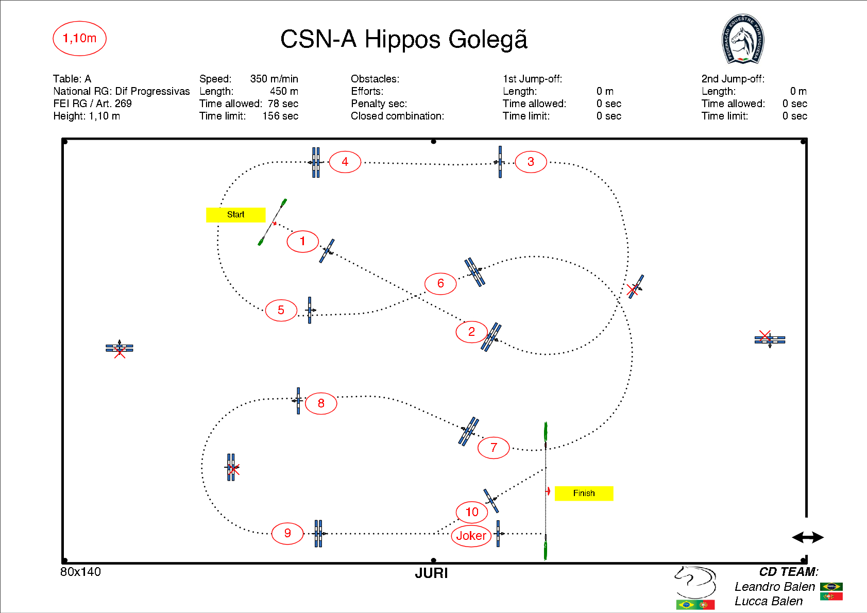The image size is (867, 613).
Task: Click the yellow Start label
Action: pos(235,215)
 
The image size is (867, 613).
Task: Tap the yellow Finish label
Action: pos(584,493)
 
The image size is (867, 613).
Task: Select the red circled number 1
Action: pos(302,241)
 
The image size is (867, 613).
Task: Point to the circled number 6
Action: pos(440,283)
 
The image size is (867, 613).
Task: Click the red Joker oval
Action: pos(471,536)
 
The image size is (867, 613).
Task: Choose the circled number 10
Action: pos(472,512)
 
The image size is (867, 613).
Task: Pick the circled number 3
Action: pos(531,162)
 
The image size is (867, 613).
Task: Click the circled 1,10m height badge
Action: pos(79,38)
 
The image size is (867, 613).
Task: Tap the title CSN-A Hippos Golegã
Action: pos(403,40)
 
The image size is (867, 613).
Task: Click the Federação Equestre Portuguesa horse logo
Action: pos(742,39)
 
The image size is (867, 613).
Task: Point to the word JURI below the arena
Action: pos(431,573)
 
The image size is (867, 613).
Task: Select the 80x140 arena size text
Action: pos(80,572)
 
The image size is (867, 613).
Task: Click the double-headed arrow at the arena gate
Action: pos(807,538)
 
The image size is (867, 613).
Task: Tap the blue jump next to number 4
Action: pos(316,162)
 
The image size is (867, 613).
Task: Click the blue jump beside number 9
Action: pos(318,533)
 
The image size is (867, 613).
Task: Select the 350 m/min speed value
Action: pos(274,79)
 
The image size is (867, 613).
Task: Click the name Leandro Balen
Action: pos(774,587)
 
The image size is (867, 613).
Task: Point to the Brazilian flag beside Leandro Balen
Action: pos(831,587)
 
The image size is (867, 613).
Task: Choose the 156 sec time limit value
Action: pos(280,116)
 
